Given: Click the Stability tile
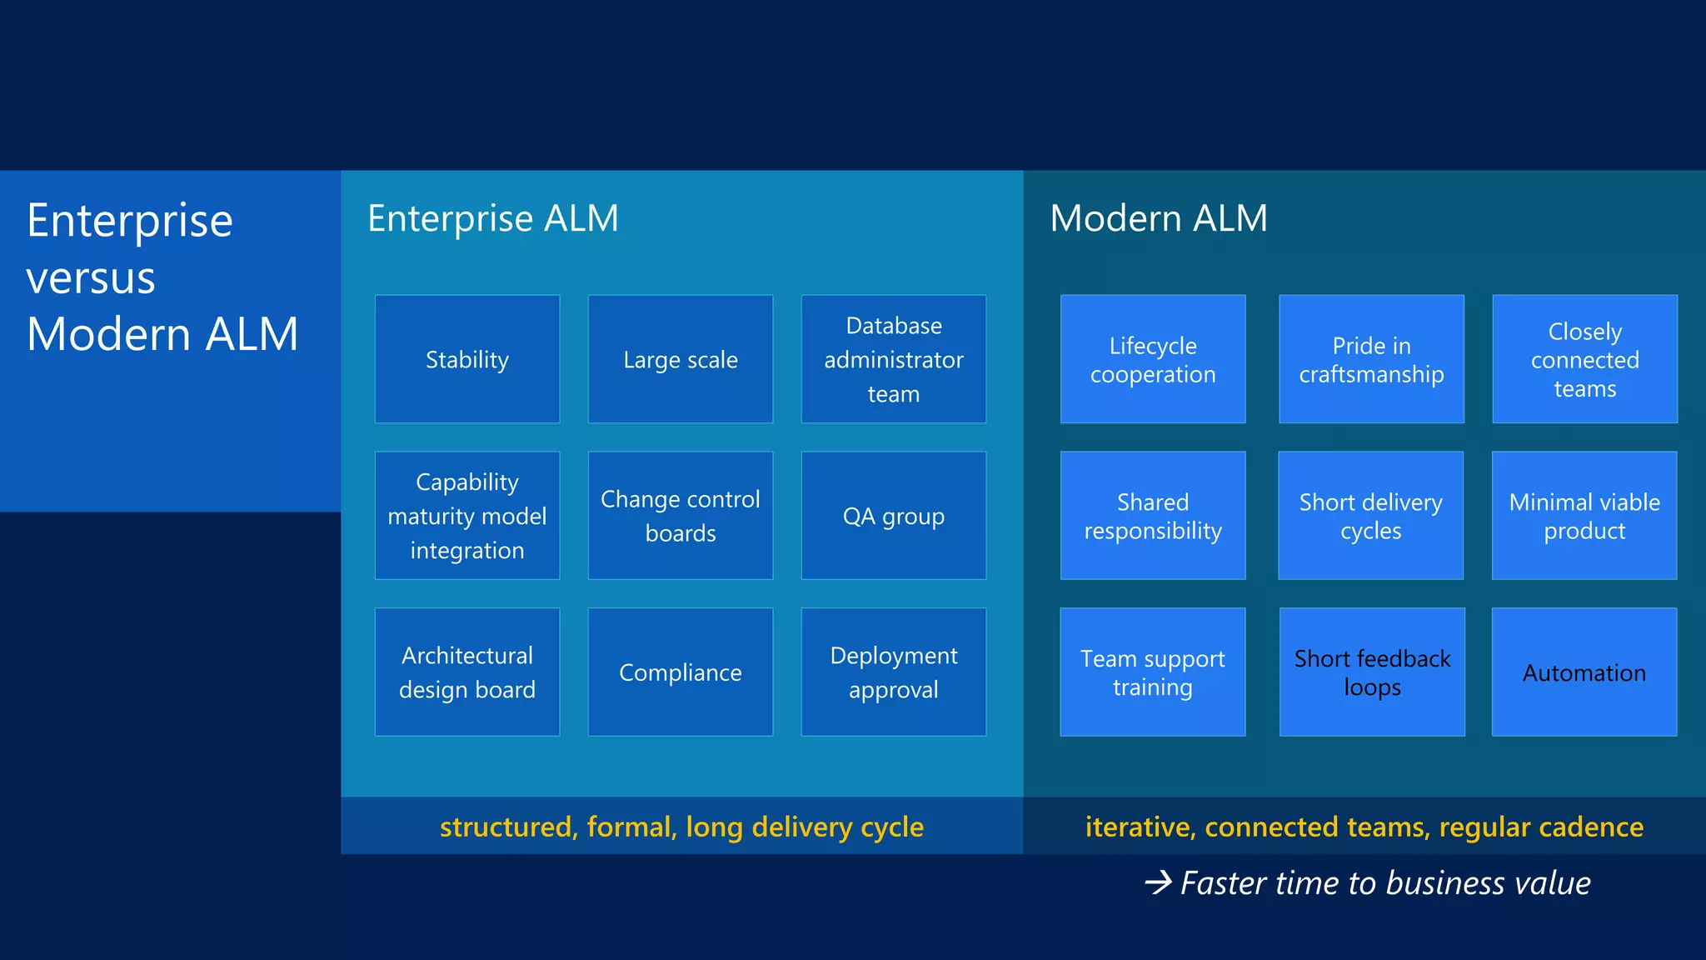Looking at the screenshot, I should (x=466, y=359).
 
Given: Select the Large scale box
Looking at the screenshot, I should (x=680, y=359).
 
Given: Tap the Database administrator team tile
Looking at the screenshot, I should (x=893, y=359).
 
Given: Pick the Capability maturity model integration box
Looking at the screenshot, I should (x=466, y=516).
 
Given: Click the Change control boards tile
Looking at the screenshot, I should (x=680, y=516).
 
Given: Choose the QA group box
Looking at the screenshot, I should (x=893, y=516).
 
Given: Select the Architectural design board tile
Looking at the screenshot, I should (x=466, y=672).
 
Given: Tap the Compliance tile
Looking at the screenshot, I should (x=680, y=672).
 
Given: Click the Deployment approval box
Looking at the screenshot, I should (x=893, y=672).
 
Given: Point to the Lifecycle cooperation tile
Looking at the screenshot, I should (x=1152, y=359).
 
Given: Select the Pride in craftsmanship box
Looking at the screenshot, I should (x=1371, y=359).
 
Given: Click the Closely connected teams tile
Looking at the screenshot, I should (x=1584, y=359).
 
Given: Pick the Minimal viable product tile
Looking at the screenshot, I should (x=1584, y=516).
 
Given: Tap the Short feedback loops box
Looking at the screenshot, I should (x=1371, y=672).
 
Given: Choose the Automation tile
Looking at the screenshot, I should (x=1584, y=672).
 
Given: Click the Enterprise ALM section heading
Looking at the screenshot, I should (x=492, y=218).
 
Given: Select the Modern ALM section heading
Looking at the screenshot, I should (x=1158, y=218).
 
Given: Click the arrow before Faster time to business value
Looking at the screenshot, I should (x=1158, y=882).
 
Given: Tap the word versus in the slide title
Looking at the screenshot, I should (x=91, y=277).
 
